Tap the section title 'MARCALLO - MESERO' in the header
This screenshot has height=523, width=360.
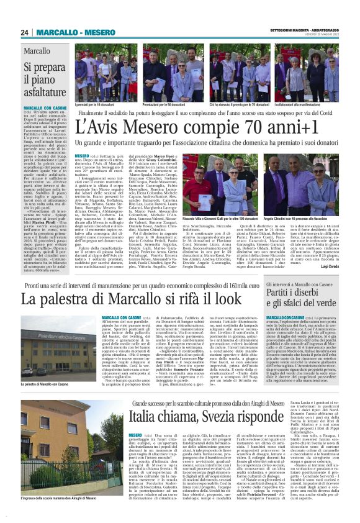[69, 32]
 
